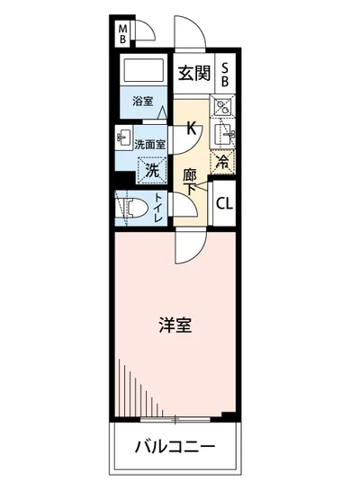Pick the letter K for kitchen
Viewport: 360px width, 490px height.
pyautogui.click(x=191, y=127)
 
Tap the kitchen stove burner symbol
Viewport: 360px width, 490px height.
pyautogui.click(x=224, y=109)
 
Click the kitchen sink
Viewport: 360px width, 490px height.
pyautogui.click(x=226, y=137)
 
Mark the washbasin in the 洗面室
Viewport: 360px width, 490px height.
pyautogui.click(x=123, y=140)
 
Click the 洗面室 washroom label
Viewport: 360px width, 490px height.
pyautogui.click(x=149, y=144)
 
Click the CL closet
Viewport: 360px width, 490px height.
pyautogui.click(x=225, y=202)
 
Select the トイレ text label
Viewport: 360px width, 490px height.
pyautogui.click(x=158, y=209)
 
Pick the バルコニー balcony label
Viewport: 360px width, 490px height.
pyautogui.click(x=175, y=447)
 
